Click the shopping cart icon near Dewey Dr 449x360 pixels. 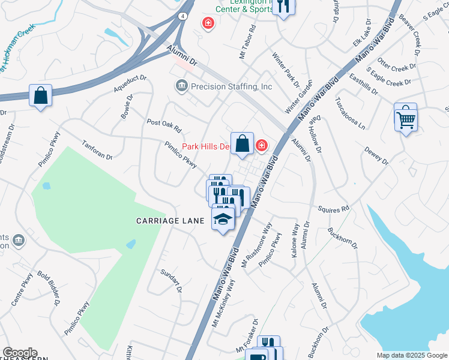pyautogui.click(x=406, y=119)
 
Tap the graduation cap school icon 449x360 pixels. pyautogui.click(x=223, y=220)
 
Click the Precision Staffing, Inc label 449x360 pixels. pyautogui.click(x=231, y=87)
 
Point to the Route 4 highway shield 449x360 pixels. pyautogui.click(x=181, y=16)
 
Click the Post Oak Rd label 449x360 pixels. pyautogui.click(x=164, y=126)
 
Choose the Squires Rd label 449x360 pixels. pyautogui.click(x=337, y=208)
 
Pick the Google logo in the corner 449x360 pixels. pyautogui.click(x=20, y=353)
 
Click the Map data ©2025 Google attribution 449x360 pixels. pyautogui.click(x=411, y=355)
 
